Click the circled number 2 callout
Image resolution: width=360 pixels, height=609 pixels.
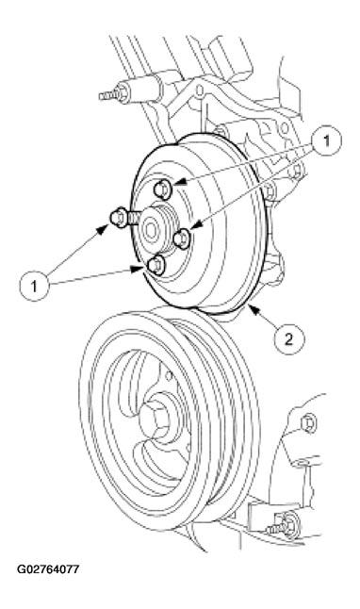point(289,339)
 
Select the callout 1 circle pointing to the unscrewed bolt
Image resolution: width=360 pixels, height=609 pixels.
point(35,287)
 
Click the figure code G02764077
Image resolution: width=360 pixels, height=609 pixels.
point(48,569)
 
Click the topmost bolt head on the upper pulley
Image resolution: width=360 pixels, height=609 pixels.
point(162,189)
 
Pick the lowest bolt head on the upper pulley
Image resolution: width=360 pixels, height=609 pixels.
point(156,265)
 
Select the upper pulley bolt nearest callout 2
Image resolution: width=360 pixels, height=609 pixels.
point(182,239)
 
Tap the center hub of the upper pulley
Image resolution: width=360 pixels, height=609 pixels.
point(153,230)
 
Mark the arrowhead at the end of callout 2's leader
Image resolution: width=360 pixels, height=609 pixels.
point(252,308)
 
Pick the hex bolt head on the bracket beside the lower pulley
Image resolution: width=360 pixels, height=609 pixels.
point(309,423)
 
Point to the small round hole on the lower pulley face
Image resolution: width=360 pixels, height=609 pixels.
point(169,374)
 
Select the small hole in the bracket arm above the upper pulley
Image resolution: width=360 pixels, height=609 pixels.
point(200,91)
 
